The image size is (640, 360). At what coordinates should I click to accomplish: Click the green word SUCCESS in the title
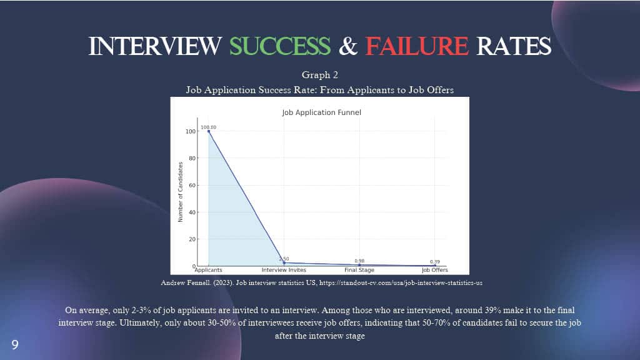coord(280,46)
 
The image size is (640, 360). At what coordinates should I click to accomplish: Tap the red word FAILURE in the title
coord(417,46)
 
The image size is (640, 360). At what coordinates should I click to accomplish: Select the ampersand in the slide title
coord(347,46)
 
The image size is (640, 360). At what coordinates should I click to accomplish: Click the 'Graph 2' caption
coord(320,75)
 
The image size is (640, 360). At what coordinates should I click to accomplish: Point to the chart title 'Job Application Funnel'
coord(322,112)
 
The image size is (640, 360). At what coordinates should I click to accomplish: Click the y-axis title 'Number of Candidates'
coord(181,192)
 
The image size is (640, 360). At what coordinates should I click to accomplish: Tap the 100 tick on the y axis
coord(191,131)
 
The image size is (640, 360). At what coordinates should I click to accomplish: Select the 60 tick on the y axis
coord(192,185)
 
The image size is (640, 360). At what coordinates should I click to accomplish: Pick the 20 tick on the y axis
coord(192,239)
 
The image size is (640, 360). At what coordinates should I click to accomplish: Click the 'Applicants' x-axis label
coord(209,270)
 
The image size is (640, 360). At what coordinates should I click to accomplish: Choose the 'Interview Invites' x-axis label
coord(284,270)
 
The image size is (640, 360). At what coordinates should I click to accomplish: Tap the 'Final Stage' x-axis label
coord(359,270)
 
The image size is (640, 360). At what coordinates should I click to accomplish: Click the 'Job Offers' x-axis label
coord(435,270)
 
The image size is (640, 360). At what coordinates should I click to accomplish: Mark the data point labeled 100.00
coord(209,131)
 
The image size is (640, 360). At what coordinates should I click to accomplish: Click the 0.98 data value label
coord(359,261)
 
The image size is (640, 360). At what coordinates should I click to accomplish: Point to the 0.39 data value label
coord(435,262)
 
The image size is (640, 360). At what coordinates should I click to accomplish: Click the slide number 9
coord(15,345)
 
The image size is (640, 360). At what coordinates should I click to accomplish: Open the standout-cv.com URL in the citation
coord(401,282)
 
